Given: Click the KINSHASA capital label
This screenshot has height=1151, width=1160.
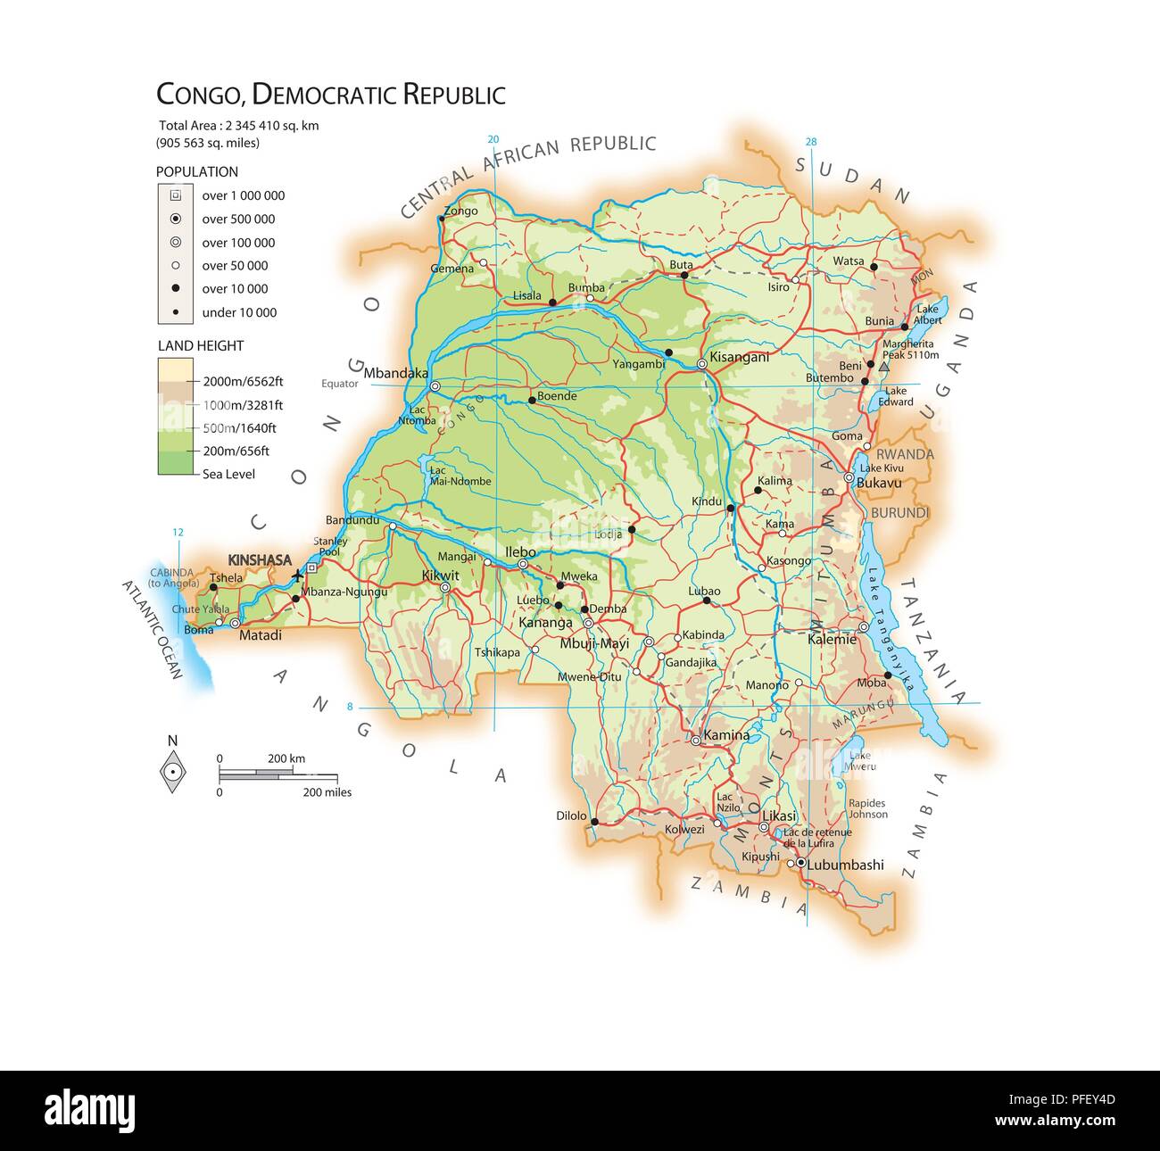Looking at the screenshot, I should [x=259, y=559].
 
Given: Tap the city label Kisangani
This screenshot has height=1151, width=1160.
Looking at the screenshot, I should [x=738, y=357].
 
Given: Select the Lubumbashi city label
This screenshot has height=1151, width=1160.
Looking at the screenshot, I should [x=845, y=865].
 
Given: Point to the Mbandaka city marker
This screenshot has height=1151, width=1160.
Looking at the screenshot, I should [x=435, y=386].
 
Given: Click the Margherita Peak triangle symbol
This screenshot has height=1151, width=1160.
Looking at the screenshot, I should [x=883, y=367].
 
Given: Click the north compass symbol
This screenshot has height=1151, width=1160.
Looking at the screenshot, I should [x=172, y=771].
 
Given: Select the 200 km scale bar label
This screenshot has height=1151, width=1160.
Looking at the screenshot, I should [x=286, y=758].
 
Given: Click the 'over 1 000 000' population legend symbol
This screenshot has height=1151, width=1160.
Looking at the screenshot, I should [x=176, y=195].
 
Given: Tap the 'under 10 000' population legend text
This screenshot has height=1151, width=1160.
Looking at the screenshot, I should [x=239, y=312].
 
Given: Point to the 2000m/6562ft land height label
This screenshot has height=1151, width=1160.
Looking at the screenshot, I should [x=243, y=381].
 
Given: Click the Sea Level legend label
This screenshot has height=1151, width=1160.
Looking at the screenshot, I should [x=228, y=474].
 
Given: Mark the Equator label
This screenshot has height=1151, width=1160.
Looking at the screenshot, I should [x=340, y=384].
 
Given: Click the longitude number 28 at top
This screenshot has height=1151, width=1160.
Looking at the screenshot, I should [x=810, y=141].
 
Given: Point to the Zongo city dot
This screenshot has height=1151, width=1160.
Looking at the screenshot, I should [x=441, y=218].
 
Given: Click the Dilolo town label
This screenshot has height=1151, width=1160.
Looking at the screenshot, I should [x=571, y=816].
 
